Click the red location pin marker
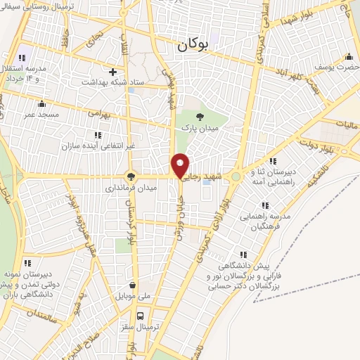point(180,165)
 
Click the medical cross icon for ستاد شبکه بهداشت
point(113,71)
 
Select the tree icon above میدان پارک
point(200,117)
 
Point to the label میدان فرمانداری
point(131,188)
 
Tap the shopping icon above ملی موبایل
point(132,285)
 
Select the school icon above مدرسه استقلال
point(21,58)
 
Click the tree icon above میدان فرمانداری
point(130,176)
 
